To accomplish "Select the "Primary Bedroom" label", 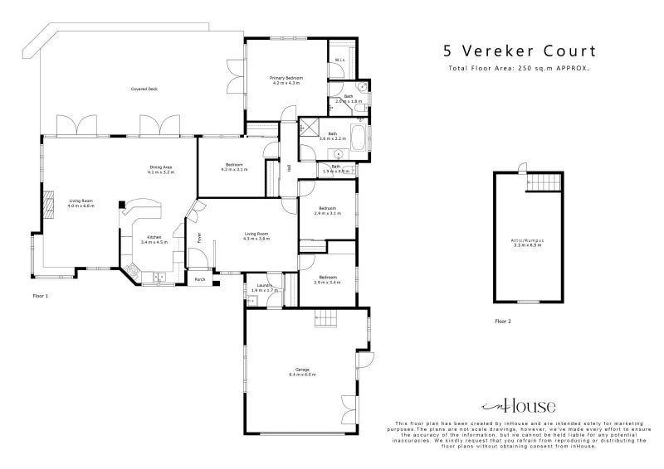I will pos(286,79).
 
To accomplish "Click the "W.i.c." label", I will pos(339,60).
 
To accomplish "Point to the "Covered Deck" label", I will pos(144,89).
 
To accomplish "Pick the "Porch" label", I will pos(200,280).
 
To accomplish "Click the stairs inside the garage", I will pos(324,319).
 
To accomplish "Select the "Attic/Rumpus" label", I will pos(527,242).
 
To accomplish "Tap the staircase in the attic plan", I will pos(542,181).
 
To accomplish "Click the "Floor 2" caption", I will pos(503,321).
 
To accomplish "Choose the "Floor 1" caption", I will pos(41,296).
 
